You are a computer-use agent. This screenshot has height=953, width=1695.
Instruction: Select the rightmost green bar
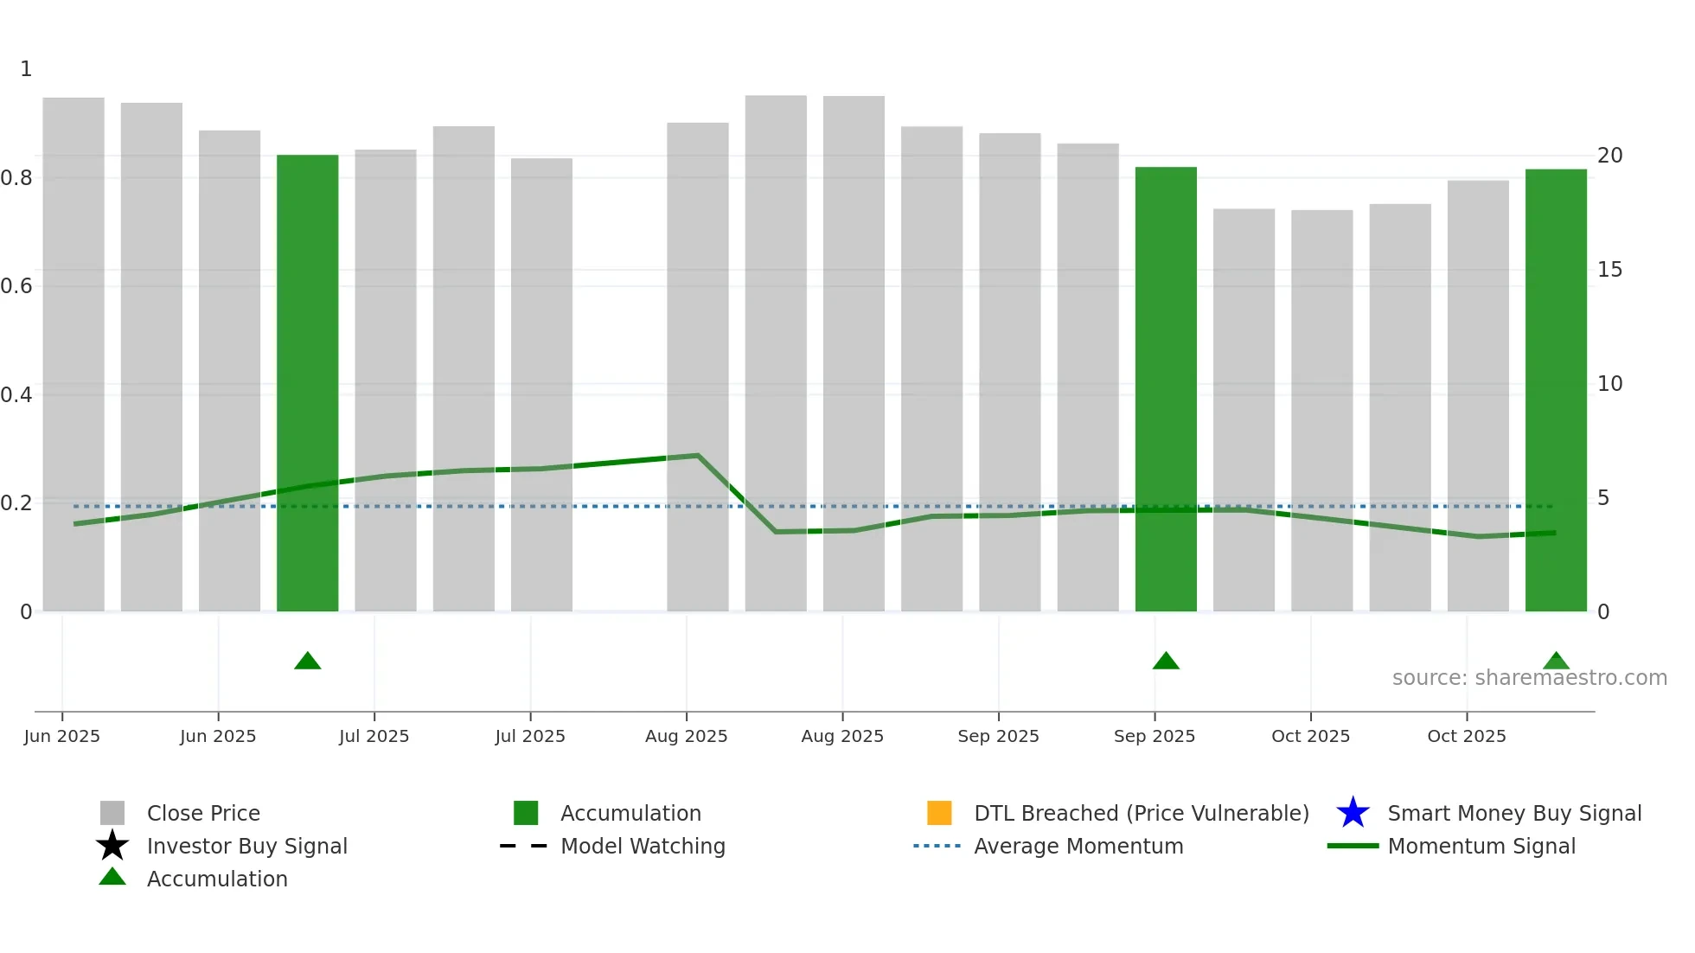(1555, 389)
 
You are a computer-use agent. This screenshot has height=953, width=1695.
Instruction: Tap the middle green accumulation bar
(1165, 388)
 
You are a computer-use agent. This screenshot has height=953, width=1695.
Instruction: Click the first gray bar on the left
(74, 354)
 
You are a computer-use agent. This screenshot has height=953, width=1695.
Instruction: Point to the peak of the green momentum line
(697, 455)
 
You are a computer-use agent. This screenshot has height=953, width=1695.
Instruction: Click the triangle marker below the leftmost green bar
(307, 662)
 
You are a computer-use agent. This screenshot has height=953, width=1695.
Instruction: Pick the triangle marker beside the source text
(1555, 662)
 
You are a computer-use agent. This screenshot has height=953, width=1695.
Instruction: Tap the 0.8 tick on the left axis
(16, 178)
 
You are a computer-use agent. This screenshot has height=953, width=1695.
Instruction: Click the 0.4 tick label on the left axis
(16, 395)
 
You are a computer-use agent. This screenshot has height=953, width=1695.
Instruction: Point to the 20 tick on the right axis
(1609, 156)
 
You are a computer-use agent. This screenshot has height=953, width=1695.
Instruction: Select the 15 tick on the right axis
(1609, 270)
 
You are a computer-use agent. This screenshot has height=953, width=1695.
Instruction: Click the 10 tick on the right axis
(1609, 384)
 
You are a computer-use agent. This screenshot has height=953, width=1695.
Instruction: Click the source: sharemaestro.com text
(1529, 678)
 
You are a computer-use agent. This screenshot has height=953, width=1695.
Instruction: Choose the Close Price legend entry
(203, 813)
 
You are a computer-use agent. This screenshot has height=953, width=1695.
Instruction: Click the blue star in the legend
(1353, 813)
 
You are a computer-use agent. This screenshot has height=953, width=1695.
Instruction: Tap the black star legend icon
(112, 846)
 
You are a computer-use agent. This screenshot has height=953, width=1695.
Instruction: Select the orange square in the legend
(939, 813)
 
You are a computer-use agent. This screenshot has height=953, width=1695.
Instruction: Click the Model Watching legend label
(643, 846)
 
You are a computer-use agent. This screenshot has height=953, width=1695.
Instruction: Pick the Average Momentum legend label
(1078, 846)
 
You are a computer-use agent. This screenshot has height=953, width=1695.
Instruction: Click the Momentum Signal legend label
(1481, 846)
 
